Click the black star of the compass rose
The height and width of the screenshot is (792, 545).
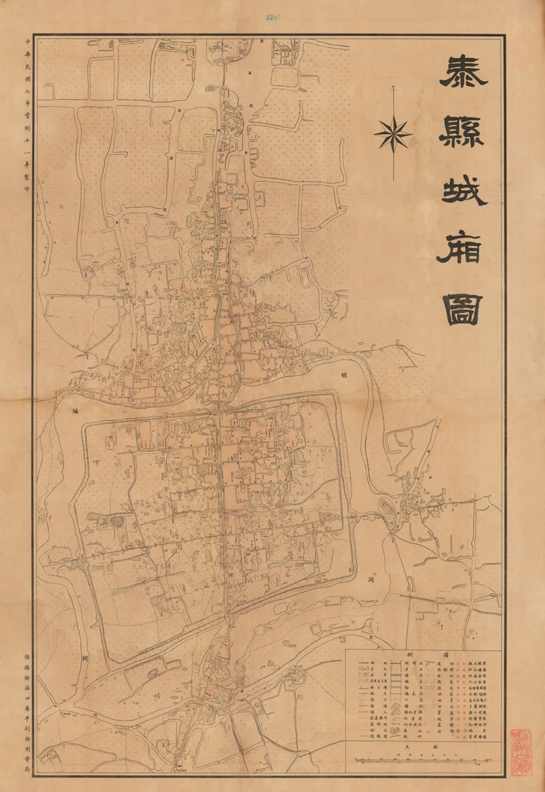(x=393, y=132)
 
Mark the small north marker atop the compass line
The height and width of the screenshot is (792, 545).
(x=393, y=86)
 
